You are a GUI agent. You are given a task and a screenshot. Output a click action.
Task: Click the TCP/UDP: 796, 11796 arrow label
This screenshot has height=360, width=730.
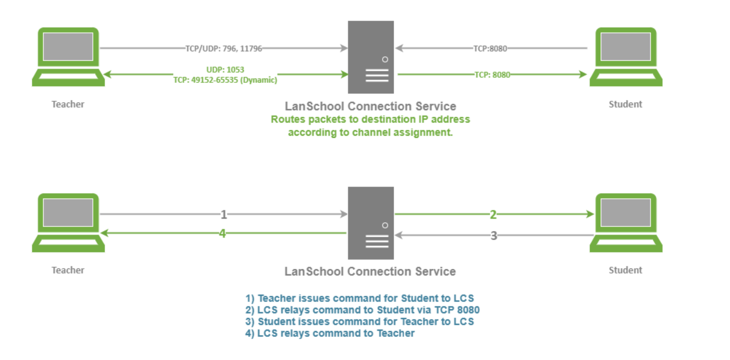click(x=224, y=49)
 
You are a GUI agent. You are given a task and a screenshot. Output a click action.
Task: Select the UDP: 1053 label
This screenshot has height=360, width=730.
click(x=225, y=70)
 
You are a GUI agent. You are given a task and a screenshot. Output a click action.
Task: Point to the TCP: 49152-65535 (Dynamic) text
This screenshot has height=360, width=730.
click(x=225, y=80)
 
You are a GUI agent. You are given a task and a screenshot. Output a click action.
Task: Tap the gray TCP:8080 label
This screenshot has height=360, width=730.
click(x=491, y=49)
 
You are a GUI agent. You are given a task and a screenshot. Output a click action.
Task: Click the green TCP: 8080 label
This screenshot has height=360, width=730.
click(x=492, y=75)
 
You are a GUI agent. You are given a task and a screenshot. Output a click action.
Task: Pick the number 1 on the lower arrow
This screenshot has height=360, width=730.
click(x=224, y=214)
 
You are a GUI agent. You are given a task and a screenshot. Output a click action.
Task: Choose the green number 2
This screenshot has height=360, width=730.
click(x=493, y=214)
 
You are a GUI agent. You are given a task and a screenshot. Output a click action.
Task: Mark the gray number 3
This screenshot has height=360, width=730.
click(x=494, y=236)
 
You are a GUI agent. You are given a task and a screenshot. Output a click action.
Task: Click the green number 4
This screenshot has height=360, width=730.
click(x=223, y=233)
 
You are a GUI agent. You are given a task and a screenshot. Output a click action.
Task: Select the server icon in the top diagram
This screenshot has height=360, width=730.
click(x=371, y=57)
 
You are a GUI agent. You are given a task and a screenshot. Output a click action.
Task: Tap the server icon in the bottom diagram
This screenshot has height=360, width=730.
click(x=371, y=223)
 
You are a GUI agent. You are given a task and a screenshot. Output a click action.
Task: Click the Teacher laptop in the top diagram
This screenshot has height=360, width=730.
click(x=68, y=57)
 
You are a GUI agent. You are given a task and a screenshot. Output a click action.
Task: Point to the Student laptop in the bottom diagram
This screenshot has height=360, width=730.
click(x=626, y=223)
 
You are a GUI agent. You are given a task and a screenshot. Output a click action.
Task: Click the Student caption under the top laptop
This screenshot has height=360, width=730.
click(x=625, y=104)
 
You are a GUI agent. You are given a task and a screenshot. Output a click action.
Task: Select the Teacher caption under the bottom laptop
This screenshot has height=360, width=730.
click(x=68, y=270)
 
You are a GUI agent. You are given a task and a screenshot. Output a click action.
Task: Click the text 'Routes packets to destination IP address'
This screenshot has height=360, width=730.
click(x=370, y=119)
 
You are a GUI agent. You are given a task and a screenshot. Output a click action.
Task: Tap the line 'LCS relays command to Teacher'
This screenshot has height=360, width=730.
click(x=330, y=333)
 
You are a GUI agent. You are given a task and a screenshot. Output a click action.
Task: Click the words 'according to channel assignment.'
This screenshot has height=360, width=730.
click(x=370, y=132)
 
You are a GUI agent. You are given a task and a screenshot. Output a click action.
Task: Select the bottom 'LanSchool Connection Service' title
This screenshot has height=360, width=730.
click(x=370, y=272)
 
